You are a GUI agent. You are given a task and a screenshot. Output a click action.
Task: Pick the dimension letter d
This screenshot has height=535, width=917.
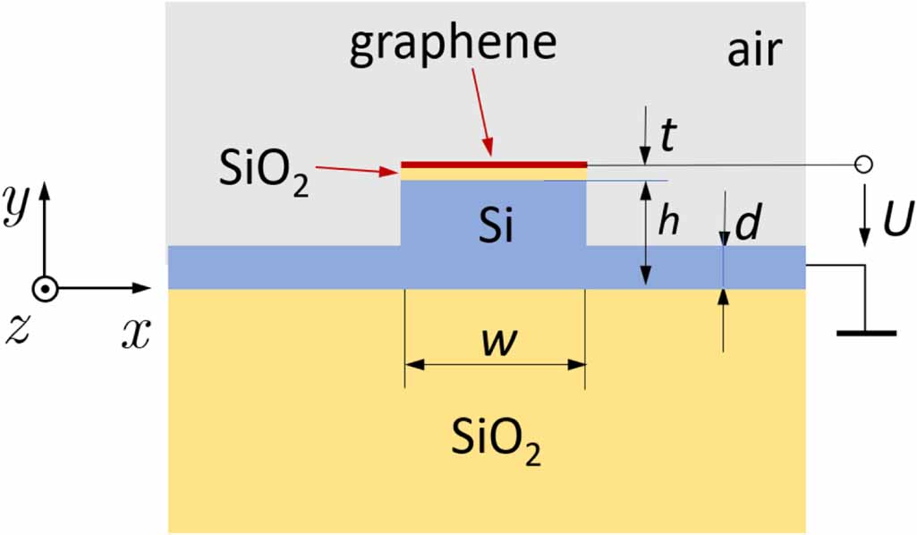tap(747, 225)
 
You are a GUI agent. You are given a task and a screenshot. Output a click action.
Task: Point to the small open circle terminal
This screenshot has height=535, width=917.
tap(863, 165)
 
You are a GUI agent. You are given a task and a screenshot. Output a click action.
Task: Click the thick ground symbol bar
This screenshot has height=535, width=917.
tap(866, 333)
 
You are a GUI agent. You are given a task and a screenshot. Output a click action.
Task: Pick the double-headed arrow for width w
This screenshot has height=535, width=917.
tap(495, 364)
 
